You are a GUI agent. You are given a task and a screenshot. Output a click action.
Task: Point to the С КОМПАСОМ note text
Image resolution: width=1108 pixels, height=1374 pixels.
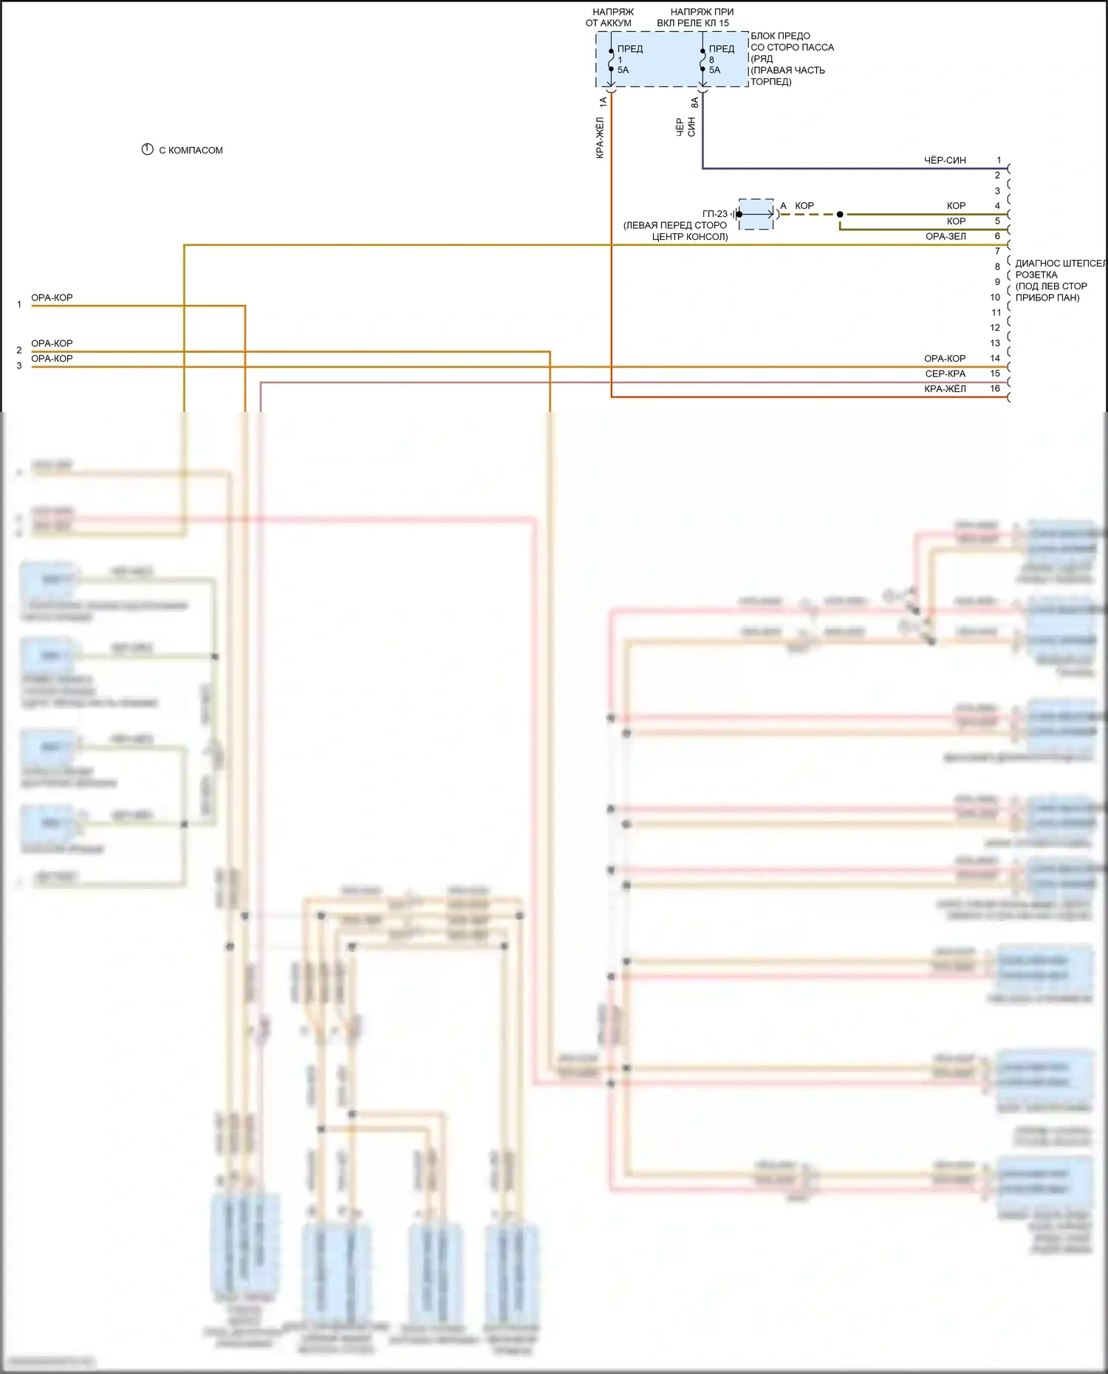click(191, 151)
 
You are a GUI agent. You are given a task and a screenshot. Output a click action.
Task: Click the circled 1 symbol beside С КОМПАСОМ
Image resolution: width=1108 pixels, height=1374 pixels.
click(147, 150)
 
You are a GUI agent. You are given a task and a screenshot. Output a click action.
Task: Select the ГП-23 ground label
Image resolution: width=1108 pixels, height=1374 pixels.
click(714, 214)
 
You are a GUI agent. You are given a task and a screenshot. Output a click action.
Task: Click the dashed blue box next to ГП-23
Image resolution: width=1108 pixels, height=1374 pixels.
click(756, 214)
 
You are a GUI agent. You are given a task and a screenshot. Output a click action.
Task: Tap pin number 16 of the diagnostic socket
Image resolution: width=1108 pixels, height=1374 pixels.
click(995, 388)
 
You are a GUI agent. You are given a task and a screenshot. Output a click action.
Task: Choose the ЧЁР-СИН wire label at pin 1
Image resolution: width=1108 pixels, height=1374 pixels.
click(945, 160)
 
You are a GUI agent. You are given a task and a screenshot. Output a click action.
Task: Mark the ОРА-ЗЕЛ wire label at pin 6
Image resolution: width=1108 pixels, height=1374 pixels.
click(945, 236)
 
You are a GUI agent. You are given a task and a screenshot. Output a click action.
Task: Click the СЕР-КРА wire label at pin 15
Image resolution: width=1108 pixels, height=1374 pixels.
click(945, 374)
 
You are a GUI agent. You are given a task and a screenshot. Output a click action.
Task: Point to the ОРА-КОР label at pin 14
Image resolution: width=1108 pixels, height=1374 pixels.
click(945, 358)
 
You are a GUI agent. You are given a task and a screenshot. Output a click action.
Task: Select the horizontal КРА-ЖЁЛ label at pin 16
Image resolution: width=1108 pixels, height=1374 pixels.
click(945, 389)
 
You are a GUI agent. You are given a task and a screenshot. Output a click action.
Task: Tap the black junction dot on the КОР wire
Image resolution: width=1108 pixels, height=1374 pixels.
click(840, 214)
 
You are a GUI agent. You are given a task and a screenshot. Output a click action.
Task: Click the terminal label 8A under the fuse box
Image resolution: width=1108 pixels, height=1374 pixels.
click(695, 103)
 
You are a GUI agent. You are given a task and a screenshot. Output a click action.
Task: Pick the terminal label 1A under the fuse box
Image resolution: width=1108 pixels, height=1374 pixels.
click(603, 102)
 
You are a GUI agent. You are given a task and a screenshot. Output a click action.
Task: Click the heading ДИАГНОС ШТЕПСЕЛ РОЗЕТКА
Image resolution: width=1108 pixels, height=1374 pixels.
click(1060, 269)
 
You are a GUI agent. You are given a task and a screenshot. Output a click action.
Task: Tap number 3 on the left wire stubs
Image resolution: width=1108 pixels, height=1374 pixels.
click(19, 366)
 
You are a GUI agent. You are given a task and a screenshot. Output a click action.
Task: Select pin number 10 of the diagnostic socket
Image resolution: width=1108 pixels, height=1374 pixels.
click(995, 298)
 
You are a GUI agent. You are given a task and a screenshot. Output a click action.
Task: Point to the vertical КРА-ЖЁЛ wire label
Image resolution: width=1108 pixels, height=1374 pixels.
click(600, 138)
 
